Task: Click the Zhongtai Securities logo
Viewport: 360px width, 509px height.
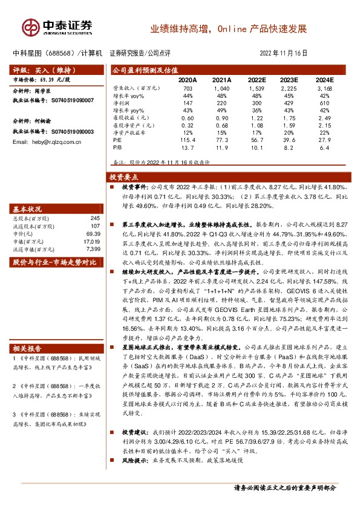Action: pos(57,27)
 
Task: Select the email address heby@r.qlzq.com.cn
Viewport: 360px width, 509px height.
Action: pos(47,141)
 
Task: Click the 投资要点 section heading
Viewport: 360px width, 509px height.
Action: pos(124,178)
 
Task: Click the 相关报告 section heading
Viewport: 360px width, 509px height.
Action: pos(28,348)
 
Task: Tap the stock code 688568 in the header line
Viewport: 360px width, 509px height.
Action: pos(62,53)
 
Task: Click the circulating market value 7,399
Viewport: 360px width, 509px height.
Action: pos(93,248)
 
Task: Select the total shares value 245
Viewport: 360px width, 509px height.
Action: pos(95,218)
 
